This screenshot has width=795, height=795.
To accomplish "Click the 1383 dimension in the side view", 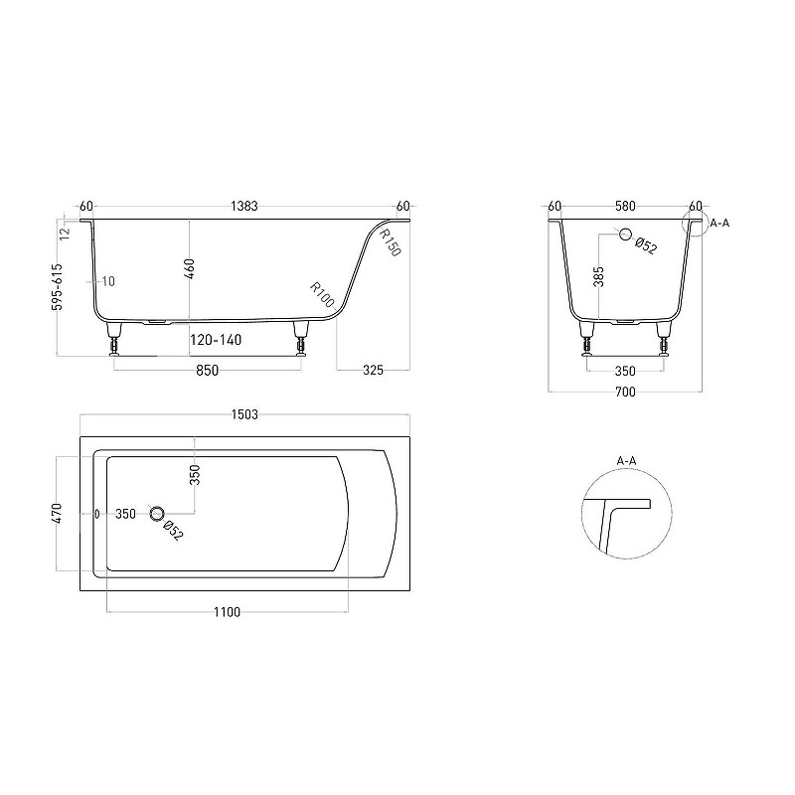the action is [244, 207].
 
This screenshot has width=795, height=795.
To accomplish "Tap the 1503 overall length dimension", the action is [244, 414].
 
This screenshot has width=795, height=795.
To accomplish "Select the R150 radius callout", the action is [390, 242].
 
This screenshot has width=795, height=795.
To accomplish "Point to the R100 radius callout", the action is [322, 295].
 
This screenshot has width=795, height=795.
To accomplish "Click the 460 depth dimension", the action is [189, 268].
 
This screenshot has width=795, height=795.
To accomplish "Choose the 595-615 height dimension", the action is [58, 286].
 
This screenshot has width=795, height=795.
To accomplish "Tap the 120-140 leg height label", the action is [216, 340].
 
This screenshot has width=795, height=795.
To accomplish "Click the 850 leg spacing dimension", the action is [208, 371].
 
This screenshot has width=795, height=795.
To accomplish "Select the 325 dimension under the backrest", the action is [374, 370].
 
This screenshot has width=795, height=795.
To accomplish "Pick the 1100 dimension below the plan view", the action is [227, 612].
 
